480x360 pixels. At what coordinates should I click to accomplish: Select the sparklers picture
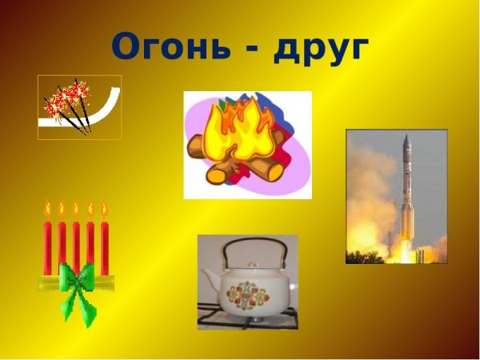[x=79, y=107]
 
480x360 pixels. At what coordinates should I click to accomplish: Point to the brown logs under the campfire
[x=240, y=164]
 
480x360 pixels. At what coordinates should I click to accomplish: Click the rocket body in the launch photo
[x=405, y=192]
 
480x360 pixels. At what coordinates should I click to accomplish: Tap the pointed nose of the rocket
[x=406, y=138]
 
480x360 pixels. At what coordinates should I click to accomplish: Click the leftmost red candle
[x=48, y=244]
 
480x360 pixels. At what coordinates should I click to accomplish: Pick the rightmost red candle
[x=104, y=244]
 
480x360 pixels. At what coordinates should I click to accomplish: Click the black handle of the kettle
[x=248, y=248]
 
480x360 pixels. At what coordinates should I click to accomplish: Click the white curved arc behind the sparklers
[x=108, y=112]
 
